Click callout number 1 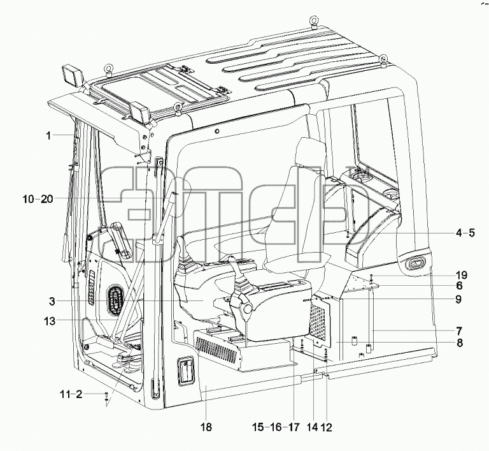pos(48,136)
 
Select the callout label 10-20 pos(38,199)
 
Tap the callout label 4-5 pos(465,233)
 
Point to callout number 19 pos(462,276)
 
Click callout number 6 pos(459,286)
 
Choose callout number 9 pos(458,299)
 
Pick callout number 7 pos(459,331)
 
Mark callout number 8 pos(460,343)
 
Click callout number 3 pos(52,302)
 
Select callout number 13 pos(50,321)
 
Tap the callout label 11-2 pos(71,394)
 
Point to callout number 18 pos(206,427)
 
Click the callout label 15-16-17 pos(276,427)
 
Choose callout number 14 pos(312,427)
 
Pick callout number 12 pos(326,427)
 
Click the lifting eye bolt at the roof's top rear pos(313,22)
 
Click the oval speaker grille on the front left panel pos(115,299)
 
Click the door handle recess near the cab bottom pos(186,372)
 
